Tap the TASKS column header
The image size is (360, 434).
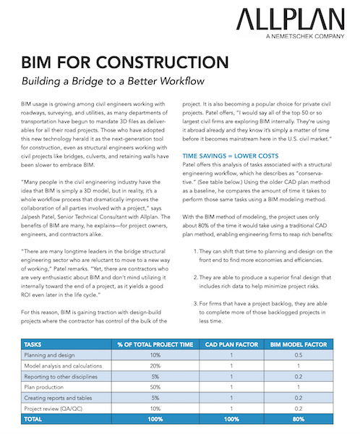(38, 345)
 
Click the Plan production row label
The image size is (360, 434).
(48, 388)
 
